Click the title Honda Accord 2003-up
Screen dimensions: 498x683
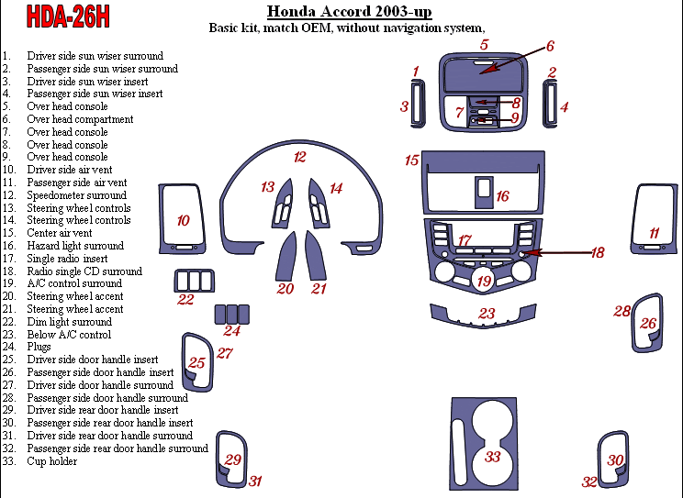[x=349, y=12]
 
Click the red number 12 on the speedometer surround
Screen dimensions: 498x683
[x=299, y=158]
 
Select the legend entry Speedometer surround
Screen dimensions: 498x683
[x=77, y=195]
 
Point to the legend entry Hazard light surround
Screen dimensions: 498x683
[x=75, y=246]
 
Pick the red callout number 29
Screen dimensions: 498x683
[x=233, y=459]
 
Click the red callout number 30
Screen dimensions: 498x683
[x=615, y=459]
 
